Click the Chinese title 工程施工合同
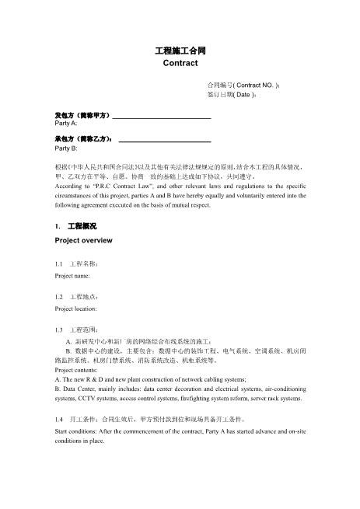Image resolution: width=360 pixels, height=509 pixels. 180,51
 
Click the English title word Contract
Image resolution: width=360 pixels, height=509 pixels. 180,64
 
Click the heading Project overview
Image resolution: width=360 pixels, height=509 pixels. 83,241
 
